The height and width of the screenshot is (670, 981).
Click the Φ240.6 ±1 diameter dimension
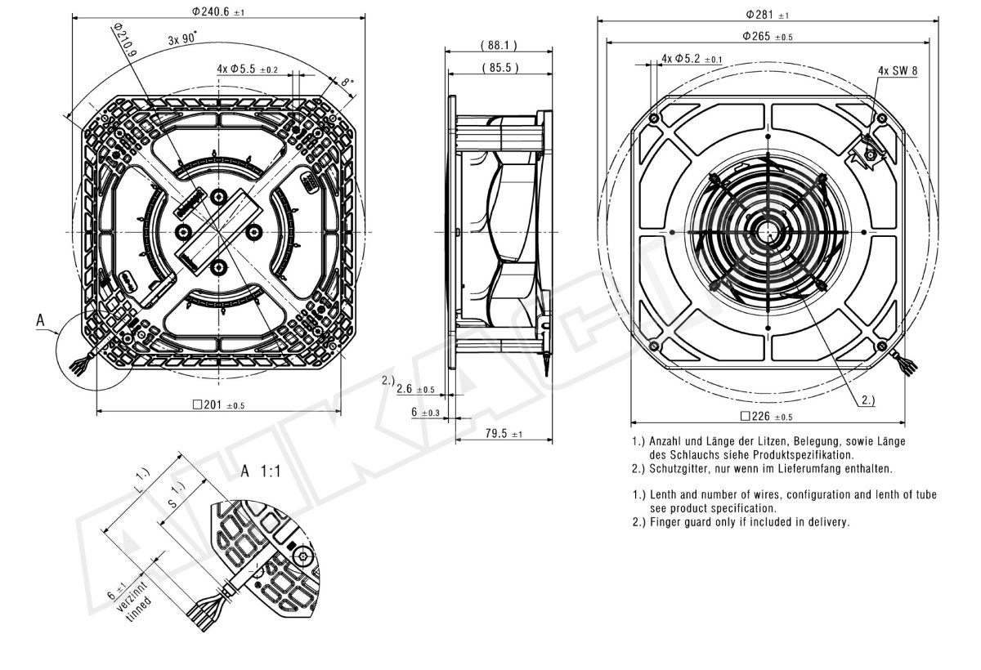pyautogui.click(x=218, y=11)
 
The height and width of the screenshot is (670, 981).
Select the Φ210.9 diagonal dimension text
pyautogui.click(x=125, y=40)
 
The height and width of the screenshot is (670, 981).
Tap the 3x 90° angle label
pyautogui.click(x=182, y=38)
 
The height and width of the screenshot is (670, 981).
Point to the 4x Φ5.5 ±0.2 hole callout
pyautogui.click(x=248, y=69)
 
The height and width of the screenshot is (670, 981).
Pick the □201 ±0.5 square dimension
pyautogui.click(x=218, y=404)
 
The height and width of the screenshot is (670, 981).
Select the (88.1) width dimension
pyautogui.click(x=499, y=45)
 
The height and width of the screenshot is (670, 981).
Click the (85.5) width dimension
pyautogui.click(x=500, y=67)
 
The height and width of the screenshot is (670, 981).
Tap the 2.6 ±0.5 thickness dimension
pyautogui.click(x=415, y=389)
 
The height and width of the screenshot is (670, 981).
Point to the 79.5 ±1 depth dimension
pyautogui.click(x=504, y=433)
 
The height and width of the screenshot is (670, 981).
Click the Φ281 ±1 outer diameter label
pyautogui.click(x=768, y=15)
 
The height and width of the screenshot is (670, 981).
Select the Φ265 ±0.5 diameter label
pyautogui.click(x=768, y=36)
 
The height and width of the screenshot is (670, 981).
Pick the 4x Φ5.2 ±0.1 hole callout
pyautogui.click(x=692, y=58)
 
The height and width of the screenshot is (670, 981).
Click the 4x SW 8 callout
pyautogui.click(x=898, y=70)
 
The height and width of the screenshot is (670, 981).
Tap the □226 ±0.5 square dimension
pyautogui.click(x=767, y=416)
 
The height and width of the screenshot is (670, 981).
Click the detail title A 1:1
pyautogui.click(x=261, y=471)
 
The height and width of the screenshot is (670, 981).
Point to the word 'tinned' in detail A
pyautogui.click(x=139, y=609)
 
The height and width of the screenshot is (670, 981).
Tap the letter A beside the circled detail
pyautogui.click(x=40, y=320)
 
